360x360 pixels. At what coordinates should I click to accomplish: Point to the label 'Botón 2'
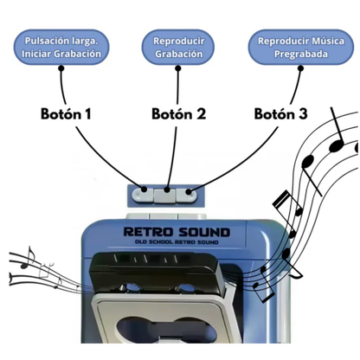click(179, 113)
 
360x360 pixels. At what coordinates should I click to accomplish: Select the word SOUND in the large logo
click(203, 232)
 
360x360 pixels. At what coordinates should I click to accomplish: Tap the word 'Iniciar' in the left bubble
click(37, 55)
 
